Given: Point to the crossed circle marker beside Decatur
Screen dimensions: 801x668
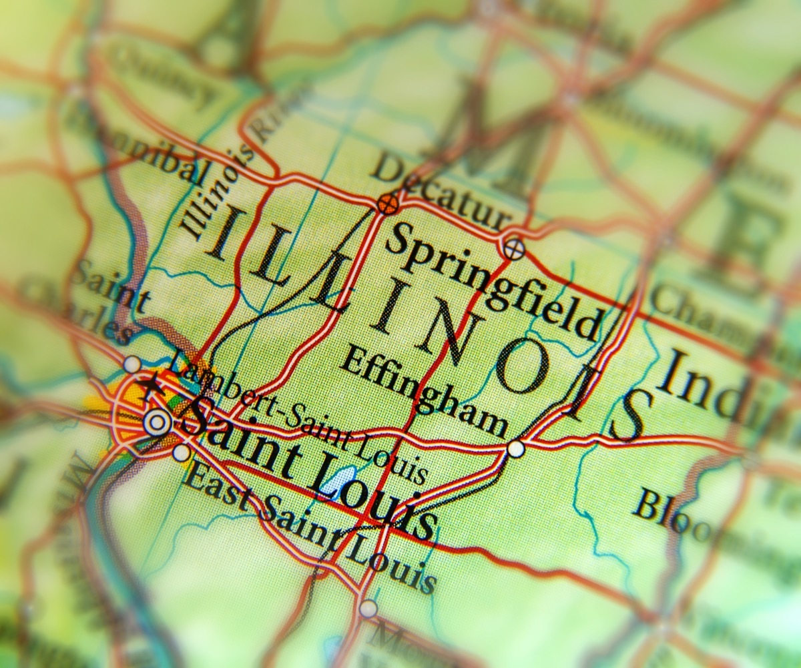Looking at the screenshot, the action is (387, 204).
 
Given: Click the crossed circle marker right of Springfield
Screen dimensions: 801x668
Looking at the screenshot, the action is (513, 250).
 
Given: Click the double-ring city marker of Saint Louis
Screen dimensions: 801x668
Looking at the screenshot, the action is (156, 422).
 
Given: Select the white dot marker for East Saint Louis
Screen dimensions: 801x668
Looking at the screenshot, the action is (181, 453).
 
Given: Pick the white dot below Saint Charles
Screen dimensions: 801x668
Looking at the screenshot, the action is (132, 364).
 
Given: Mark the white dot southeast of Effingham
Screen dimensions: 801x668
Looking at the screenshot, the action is (515, 448).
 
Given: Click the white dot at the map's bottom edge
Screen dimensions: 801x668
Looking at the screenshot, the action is (368, 608).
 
